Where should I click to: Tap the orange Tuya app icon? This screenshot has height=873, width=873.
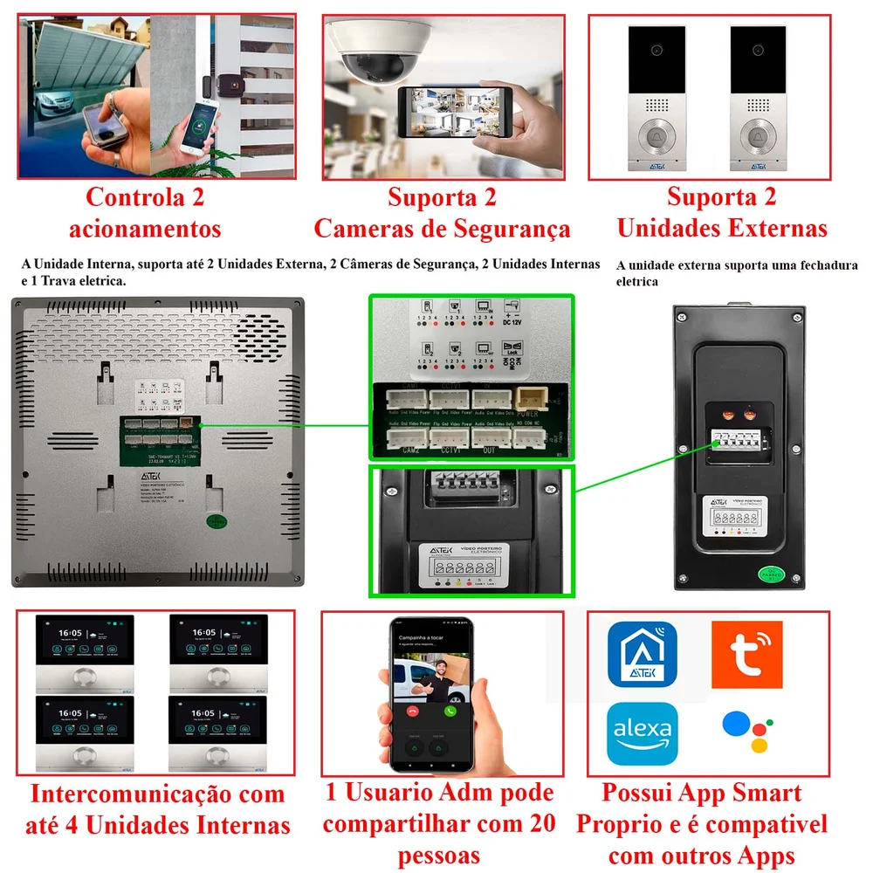[746, 654]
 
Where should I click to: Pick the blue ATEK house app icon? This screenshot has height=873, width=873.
[642, 656]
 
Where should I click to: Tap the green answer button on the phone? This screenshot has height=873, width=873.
[450, 711]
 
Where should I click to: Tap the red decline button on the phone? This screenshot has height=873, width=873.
[411, 711]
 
